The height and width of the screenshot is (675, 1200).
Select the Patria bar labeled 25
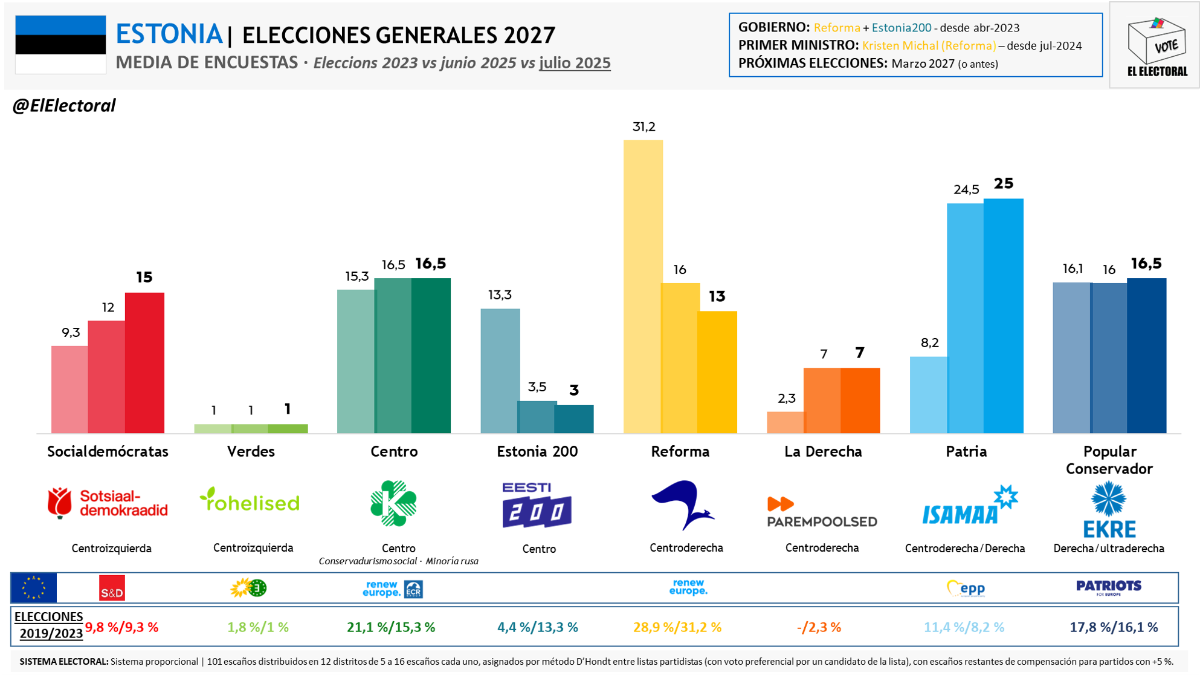tap(1004, 316)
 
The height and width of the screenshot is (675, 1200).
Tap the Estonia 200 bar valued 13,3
tap(500, 370)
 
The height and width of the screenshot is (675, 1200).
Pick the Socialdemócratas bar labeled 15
tap(144, 362)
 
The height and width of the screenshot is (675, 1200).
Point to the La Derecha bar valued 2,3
tap(785, 422)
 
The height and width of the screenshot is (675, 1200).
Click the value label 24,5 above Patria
tap(966, 190)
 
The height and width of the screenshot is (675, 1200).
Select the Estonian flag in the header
tap(60, 45)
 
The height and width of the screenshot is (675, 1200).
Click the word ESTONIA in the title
tap(169, 34)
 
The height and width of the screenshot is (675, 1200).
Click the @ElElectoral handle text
tap(64, 106)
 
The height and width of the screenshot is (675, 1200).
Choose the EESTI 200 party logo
tap(537, 505)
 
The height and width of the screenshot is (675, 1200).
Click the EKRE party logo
tap(1109, 509)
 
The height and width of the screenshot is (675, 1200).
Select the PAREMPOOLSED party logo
tap(822, 512)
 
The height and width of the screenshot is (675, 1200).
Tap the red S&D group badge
tap(112, 588)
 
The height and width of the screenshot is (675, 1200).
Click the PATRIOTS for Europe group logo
tap(1109, 587)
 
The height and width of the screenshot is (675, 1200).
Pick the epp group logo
tap(966, 588)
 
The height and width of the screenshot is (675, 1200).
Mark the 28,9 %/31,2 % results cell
tap(677, 627)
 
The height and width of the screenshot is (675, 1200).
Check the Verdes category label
tap(251, 451)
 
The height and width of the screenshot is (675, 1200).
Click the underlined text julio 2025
tap(575, 63)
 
